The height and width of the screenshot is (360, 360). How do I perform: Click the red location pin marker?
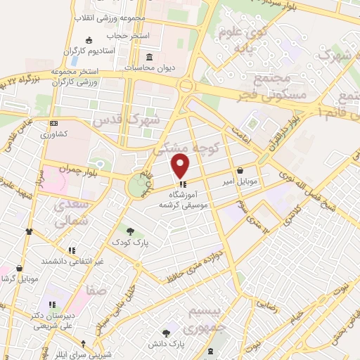(181, 167)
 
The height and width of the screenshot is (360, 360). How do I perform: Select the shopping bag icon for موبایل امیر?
(241, 170)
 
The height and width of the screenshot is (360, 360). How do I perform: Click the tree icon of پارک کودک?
(129, 230)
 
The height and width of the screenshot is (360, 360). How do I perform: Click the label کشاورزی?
(53, 134)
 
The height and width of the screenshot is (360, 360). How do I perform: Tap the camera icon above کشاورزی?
(54, 122)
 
